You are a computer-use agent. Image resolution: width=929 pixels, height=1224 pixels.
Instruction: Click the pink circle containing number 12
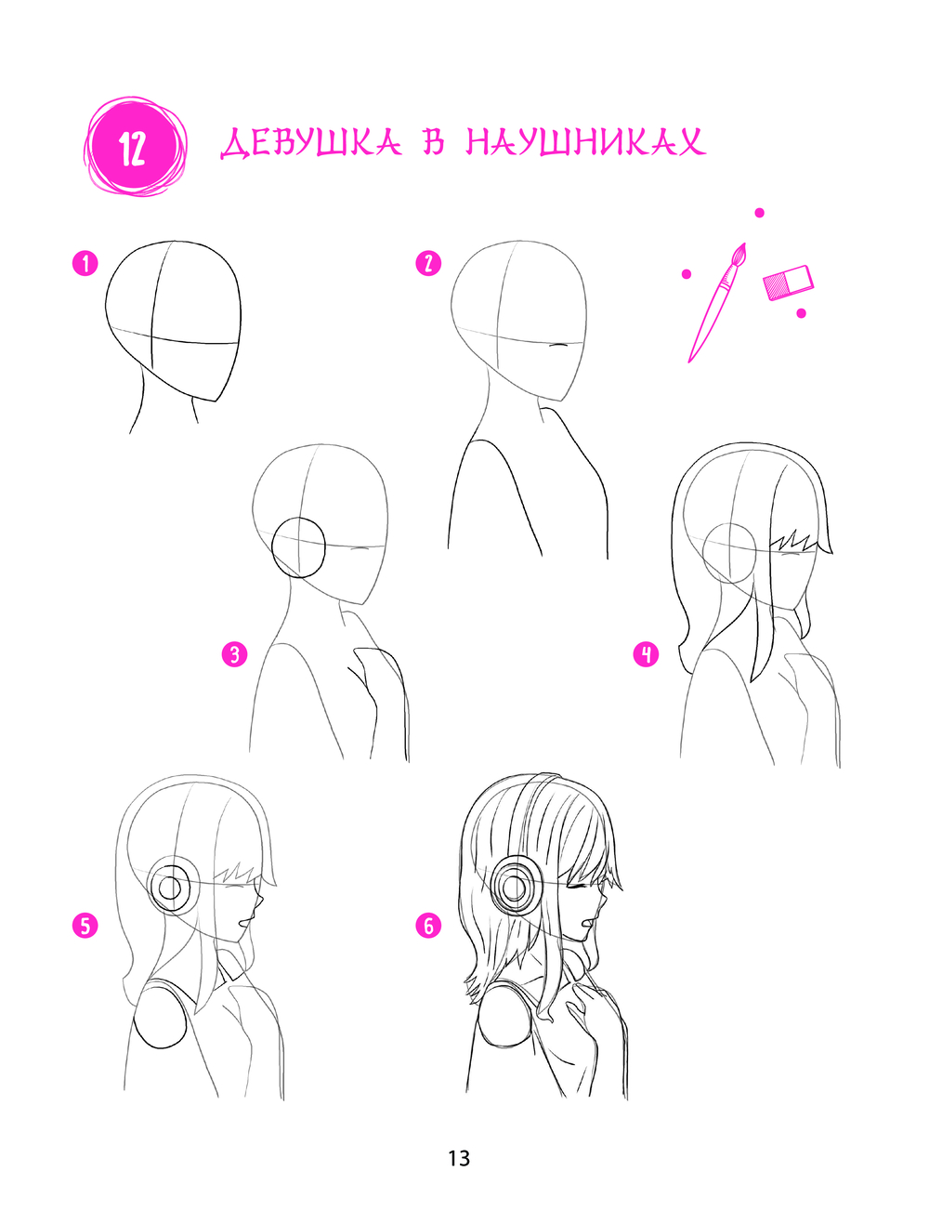point(135,146)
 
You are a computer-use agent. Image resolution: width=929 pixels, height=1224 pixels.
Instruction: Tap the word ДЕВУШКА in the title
point(311,143)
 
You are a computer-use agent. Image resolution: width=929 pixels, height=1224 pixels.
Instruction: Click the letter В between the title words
point(434,142)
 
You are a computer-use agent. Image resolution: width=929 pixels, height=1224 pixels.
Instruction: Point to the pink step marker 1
point(85,263)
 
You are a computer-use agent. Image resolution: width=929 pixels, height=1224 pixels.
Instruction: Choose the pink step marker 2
point(428,263)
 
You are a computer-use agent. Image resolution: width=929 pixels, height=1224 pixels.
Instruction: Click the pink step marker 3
point(235,653)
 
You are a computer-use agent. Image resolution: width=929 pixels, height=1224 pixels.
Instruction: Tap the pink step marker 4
point(646,653)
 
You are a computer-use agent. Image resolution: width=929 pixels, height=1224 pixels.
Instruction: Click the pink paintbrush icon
point(717,303)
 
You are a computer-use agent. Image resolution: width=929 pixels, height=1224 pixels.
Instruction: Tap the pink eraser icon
point(788,283)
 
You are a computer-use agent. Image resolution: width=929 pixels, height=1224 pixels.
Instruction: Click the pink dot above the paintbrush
point(759,213)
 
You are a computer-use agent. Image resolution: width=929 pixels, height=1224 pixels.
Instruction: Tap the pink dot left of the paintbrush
point(687,274)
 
